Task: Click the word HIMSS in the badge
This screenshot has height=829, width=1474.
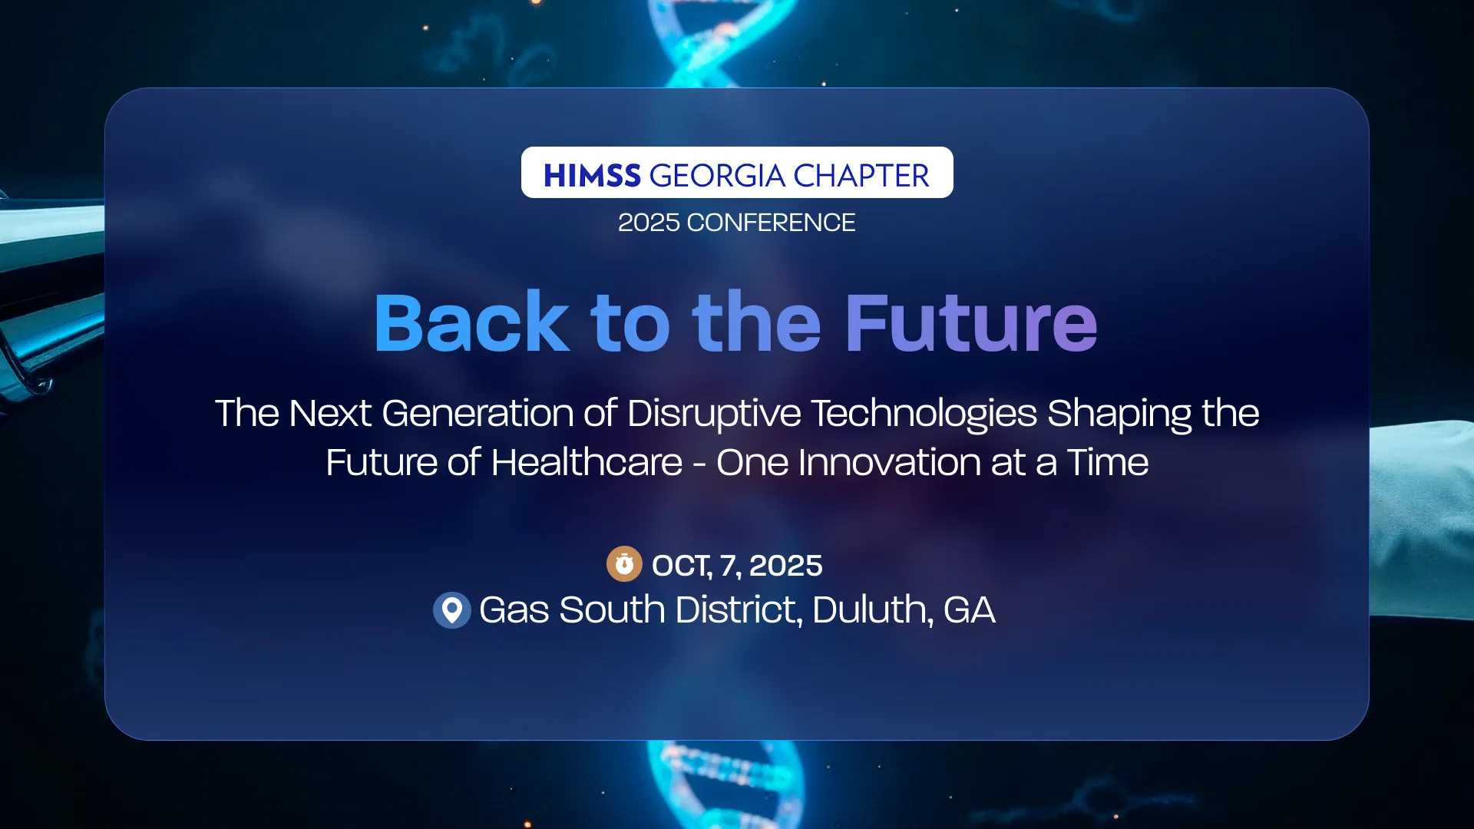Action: pos(591,176)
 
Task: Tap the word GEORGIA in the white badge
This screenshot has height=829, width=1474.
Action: pos(717,176)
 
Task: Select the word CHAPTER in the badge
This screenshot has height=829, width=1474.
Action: pos(861,176)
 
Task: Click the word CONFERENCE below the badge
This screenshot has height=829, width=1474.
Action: pos(771,223)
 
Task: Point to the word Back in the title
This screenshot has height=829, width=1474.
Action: pos(471,323)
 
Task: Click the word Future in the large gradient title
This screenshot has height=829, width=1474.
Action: pos(970,323)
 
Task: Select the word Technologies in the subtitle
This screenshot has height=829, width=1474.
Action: pos(924,414)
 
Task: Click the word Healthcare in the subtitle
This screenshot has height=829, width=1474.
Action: pos(587,463)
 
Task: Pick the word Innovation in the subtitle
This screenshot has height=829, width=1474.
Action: pos(889,463)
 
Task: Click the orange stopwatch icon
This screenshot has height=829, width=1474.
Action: pos(624,564)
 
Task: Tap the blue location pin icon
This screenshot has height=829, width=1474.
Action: pos(452,610)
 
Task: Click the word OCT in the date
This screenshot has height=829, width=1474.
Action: pos(680,566)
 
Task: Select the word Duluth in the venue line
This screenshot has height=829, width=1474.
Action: pos(872,610)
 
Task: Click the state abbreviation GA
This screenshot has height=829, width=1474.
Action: pos(969,610)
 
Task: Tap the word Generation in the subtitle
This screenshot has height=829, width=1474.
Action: pos(478,414)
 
